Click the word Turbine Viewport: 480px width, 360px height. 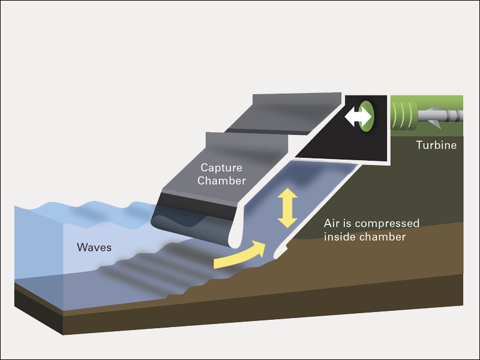(x=436, y=145)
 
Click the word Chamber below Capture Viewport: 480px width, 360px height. (x=222, y=181)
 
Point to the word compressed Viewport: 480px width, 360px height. (x=389, y=223)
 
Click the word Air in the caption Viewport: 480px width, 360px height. (x=332, y=223)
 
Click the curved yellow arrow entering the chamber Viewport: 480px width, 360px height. (x=239, y=255)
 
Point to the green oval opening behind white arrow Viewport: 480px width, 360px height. (x=367, y=116)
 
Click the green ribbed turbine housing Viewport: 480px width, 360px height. (x=404, y=115)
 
